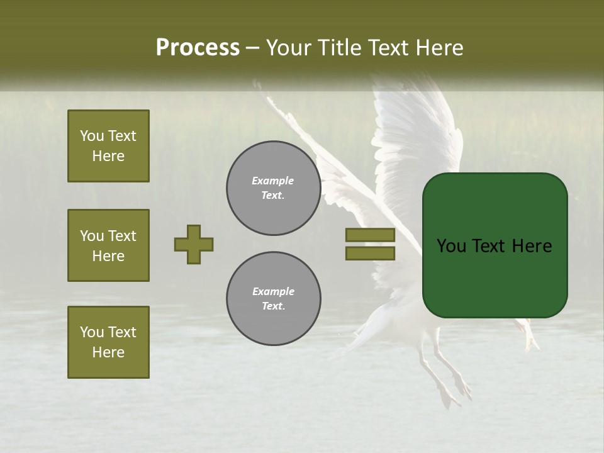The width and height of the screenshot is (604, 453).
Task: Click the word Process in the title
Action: point(198,48)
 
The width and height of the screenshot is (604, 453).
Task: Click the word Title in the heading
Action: point(340,48)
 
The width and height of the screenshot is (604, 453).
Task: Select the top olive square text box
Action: point(108,146)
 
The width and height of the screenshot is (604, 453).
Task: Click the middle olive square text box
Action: point(108,245)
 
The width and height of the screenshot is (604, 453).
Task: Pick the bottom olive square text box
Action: point(108,342)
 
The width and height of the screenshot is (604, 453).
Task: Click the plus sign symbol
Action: point(194,244)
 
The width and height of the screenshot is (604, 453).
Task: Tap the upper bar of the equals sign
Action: point(370,235)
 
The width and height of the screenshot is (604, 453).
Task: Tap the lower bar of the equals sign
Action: point(370,254)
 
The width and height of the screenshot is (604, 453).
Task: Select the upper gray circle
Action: point(273,188)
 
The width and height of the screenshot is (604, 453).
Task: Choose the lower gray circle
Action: point(273,299)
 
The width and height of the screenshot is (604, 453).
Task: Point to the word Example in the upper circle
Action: point(273,181)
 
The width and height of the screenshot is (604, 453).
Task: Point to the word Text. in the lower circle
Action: point(273,306)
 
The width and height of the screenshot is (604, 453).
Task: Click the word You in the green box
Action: point(452,246)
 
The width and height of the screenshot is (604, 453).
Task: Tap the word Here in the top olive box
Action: point(108,156)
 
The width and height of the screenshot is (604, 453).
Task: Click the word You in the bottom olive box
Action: point(92,332)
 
